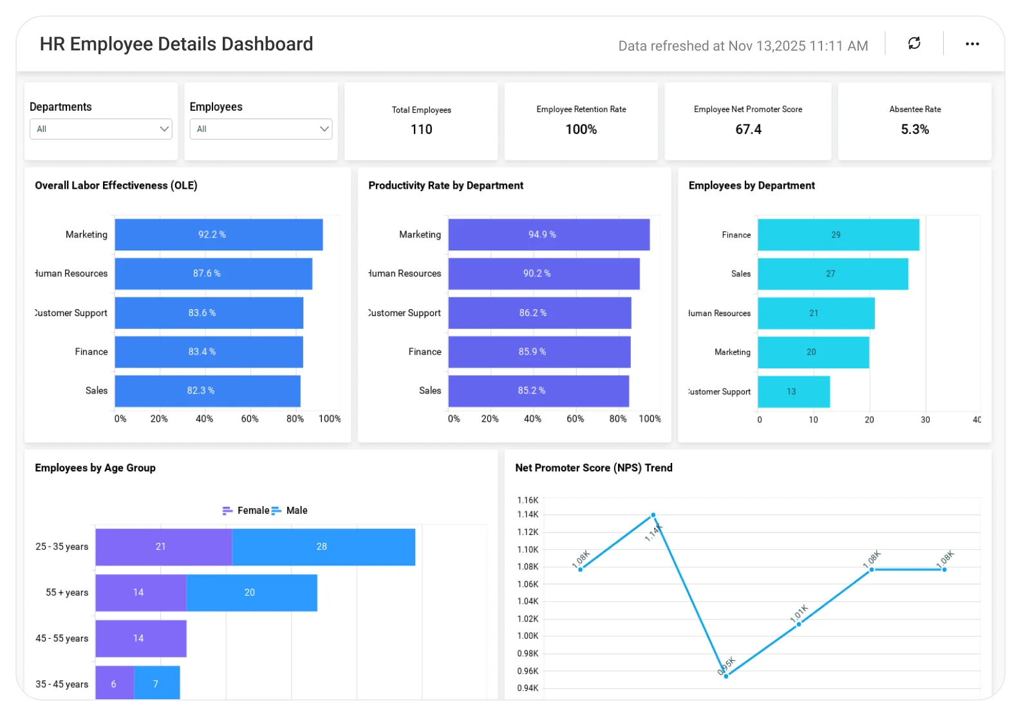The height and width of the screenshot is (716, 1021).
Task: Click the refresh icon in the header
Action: click(x=914, y=43)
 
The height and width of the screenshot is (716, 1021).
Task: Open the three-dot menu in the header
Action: click(x=972, y=44)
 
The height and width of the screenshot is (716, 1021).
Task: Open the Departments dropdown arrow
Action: click(x=164, y=129)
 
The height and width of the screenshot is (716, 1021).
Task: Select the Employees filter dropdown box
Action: click(x=261, y=129)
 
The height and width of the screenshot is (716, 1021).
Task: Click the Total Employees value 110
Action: click(x=422, y=129)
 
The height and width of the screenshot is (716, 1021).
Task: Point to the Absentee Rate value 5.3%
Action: click(x=915, y=129)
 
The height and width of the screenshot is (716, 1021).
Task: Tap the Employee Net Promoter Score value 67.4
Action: click(x=748, y=129)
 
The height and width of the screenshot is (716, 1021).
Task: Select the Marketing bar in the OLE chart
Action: click(x=219, y=234)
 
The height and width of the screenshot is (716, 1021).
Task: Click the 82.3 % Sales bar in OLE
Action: click(x=207, y=391)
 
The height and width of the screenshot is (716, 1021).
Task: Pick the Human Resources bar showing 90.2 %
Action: click(x=544, y=274)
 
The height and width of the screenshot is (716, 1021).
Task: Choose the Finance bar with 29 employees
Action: click(x=838, y=234)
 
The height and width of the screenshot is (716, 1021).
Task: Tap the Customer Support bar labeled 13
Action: click(x=794, y=391)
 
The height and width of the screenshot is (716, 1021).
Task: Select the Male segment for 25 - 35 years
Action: click(x=323, y=547)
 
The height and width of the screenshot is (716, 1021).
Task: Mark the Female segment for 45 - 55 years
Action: click(x=141, y=638)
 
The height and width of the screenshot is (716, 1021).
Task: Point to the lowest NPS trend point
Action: click(x=726, y=676)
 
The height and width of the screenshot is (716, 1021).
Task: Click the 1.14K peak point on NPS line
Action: click(x=653, y=515)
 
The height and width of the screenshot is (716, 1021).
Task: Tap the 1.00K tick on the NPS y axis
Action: click(x=528, y=636)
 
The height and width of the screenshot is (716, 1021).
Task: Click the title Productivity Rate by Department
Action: click(x=445, y=185)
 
